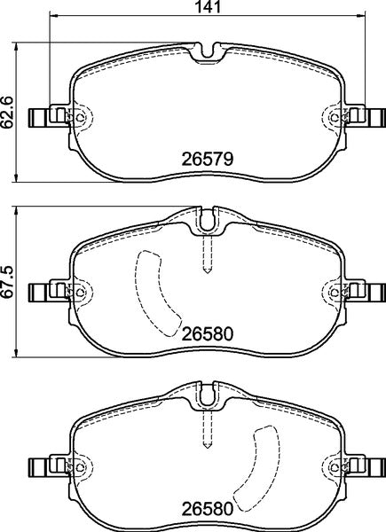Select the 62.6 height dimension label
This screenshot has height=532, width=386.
(x=9, y=113)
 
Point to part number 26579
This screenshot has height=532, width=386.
(x=207, y=160)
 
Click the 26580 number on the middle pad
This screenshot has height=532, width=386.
(x=207, y=334)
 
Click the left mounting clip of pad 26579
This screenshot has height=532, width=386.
(x=43, y=116)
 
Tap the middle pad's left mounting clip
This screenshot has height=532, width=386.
(x=43, y=291)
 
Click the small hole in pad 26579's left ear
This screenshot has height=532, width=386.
(x=81, y=116)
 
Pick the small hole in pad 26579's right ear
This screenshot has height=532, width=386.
(x=333, y=116)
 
